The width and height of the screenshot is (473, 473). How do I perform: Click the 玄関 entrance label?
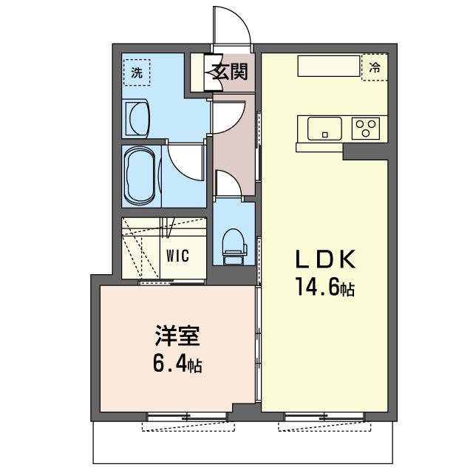tap(230, 72)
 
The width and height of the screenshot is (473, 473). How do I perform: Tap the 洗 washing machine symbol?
tap(137, 72)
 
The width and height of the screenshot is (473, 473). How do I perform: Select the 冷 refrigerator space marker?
tap(375, 67)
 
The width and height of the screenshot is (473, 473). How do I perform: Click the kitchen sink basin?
tap(324, 129)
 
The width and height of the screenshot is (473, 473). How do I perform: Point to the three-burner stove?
tap(366, 128)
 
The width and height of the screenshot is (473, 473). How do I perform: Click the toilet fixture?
tap(234, 247)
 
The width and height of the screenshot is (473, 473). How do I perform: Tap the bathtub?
tap(140, 176)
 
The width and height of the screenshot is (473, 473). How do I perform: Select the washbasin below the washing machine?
tap(137, 119)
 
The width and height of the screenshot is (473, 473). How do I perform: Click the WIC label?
tap(177, 256)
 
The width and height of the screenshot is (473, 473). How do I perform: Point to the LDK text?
tap(325, 259)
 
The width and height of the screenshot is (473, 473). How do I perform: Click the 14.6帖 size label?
tap(325, 287)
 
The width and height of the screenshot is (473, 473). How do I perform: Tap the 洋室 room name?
tap(177, 336)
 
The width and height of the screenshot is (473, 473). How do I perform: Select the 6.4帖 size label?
tap(177, 363)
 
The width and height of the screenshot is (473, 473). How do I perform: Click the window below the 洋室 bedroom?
tap(187, 417)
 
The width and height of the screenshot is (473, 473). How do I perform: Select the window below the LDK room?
tap(324, 417)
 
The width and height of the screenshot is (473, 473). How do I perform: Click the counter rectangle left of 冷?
tap(329, 66)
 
